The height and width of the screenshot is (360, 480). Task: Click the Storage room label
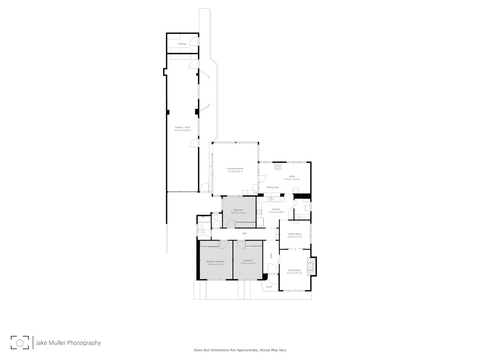click(182, 44)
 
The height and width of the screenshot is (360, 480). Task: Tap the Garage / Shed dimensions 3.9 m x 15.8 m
click(182, 130)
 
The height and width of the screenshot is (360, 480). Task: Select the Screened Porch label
click(235, 169)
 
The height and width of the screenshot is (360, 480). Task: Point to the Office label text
click(292, 176)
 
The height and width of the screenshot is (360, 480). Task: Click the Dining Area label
click(272, 187)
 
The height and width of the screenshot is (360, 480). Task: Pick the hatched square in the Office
click(278, 166)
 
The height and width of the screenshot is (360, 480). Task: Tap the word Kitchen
click(276, 209)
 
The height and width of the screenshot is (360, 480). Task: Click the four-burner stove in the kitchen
click(259, 212)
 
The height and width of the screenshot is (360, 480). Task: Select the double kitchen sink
click(270, 199)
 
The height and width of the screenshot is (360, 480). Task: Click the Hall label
click(244, 233)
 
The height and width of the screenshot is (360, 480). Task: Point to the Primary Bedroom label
click(215, 261)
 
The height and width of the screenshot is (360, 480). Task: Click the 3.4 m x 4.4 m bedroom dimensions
click(248, 263)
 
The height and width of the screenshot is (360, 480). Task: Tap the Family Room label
click(295, 234)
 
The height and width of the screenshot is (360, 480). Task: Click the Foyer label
click(271, 255)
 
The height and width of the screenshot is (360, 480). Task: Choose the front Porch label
click(269, 287)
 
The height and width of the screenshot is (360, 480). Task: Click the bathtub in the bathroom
click(204, 219)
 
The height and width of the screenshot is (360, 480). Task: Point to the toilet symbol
click(216, 217)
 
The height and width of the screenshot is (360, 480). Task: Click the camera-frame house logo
click(20, 342)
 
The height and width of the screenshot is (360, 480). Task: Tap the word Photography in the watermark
click(84, 343)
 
